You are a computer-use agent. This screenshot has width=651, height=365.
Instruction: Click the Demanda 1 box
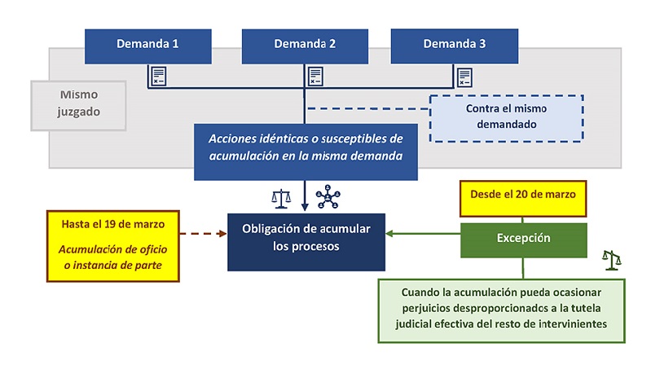(x=147, y=46)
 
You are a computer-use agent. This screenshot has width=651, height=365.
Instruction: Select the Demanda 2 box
(x=305, y=46)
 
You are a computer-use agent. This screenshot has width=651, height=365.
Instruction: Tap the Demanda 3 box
(x=455, y=46)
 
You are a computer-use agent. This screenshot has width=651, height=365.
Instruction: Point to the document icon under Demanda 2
(x=315, y=77)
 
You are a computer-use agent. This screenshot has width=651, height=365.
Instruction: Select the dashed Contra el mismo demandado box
(x=507, y=117)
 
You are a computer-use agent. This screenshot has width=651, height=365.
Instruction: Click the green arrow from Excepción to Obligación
(x=423, y=235)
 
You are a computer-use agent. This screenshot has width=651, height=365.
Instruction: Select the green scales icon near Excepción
(x=611, y=259)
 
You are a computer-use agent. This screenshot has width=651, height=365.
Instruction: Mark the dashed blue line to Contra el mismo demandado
(x=367, y=108)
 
